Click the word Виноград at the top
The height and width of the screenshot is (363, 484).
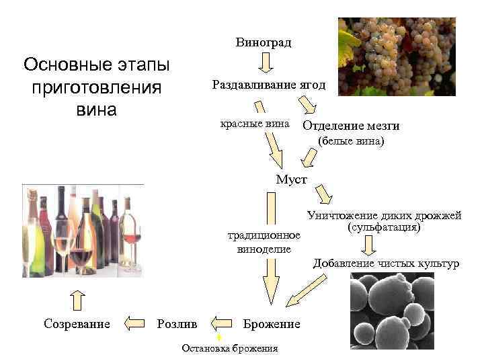click(264, 43)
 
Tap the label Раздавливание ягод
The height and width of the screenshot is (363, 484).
click(268, 85)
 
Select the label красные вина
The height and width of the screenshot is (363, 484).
click(255, 124)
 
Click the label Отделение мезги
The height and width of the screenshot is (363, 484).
click(351, 126)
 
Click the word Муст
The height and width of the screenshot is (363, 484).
click(292, 179)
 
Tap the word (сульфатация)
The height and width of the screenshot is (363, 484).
click(384, 227)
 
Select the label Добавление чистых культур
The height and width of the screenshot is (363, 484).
click(386, 263)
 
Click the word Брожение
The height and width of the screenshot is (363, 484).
click(272, 324)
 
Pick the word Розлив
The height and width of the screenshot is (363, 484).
click(177, 324)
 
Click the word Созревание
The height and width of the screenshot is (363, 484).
click(77, 324)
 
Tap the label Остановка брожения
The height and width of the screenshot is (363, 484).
click(230, 348)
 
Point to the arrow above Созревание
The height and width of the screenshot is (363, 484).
click(77, 300)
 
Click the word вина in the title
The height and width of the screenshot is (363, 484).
click(96, 109)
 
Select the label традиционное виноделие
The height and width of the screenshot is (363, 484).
click(264, 242)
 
